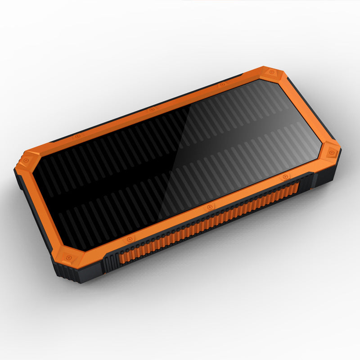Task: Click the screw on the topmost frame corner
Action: [271, 72]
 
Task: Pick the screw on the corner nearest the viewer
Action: [69, 258]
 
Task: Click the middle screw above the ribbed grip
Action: [209, 207]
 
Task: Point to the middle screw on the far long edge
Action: [152, 109]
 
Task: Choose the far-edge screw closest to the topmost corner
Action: [221, 85]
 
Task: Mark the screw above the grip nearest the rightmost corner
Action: [284, 177]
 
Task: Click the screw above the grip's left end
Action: [130, 238]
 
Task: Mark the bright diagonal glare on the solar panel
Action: [234, 135]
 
